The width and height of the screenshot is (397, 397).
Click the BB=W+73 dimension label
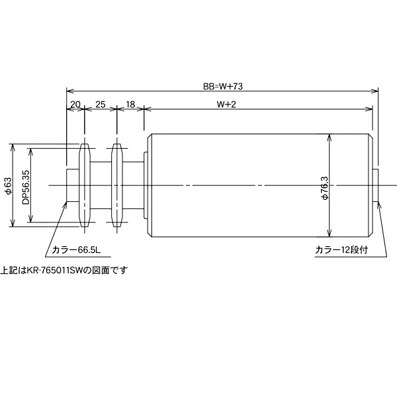click(x=224, y=86)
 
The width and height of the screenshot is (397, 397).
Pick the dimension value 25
click(x=101, y=105)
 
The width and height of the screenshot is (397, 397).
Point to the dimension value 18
click(x=130, y=105)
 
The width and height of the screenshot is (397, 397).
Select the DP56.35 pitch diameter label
click(x=25, y=185)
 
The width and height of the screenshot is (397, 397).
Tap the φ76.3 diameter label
click(x=324, y=187)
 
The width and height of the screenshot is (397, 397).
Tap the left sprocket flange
click(x=85, y=185)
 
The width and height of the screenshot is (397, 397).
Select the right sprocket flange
click(x=117, y=185)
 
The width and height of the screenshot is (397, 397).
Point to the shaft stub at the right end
click(x=375, y=185)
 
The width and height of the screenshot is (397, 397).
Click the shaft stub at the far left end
click(x=73, y=185)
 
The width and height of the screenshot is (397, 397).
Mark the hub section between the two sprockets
click(x=101, y=185)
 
